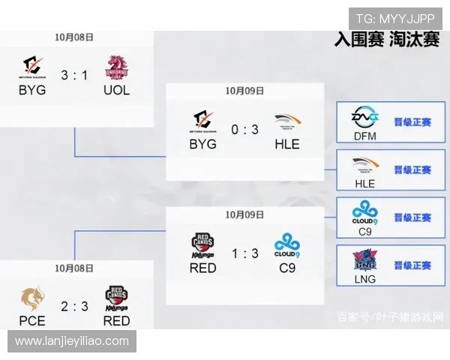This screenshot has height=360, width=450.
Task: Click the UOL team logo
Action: click(x=116, y=67)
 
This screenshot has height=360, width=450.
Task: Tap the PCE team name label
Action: click(x=32, y=320)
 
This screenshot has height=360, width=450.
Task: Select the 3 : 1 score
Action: click(x=74, y=74)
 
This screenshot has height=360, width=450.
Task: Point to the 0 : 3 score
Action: click(x=244, y=129)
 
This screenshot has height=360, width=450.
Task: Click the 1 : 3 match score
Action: click(x=244, y=254)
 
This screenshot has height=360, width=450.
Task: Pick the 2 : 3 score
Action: click(x=74, y=306)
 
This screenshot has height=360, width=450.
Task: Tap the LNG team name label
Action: click(x=364, y=279)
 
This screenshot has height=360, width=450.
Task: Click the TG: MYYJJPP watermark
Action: click(x=394, y=19)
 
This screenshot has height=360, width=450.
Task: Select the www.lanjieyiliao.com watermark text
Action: click(x=72, y=341)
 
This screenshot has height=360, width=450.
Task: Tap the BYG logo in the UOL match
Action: click(x=32, y=67)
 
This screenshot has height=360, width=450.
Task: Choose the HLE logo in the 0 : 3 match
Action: click(x=286, y=121)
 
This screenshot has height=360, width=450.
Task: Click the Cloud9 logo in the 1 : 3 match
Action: click(x=286, y=244)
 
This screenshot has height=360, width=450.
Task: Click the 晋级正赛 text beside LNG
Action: click(x=412, y=265)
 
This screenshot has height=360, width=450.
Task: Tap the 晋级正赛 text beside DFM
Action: click(x=412, y=121)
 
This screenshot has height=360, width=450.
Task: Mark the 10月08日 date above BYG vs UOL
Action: click(x=74, y=36)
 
